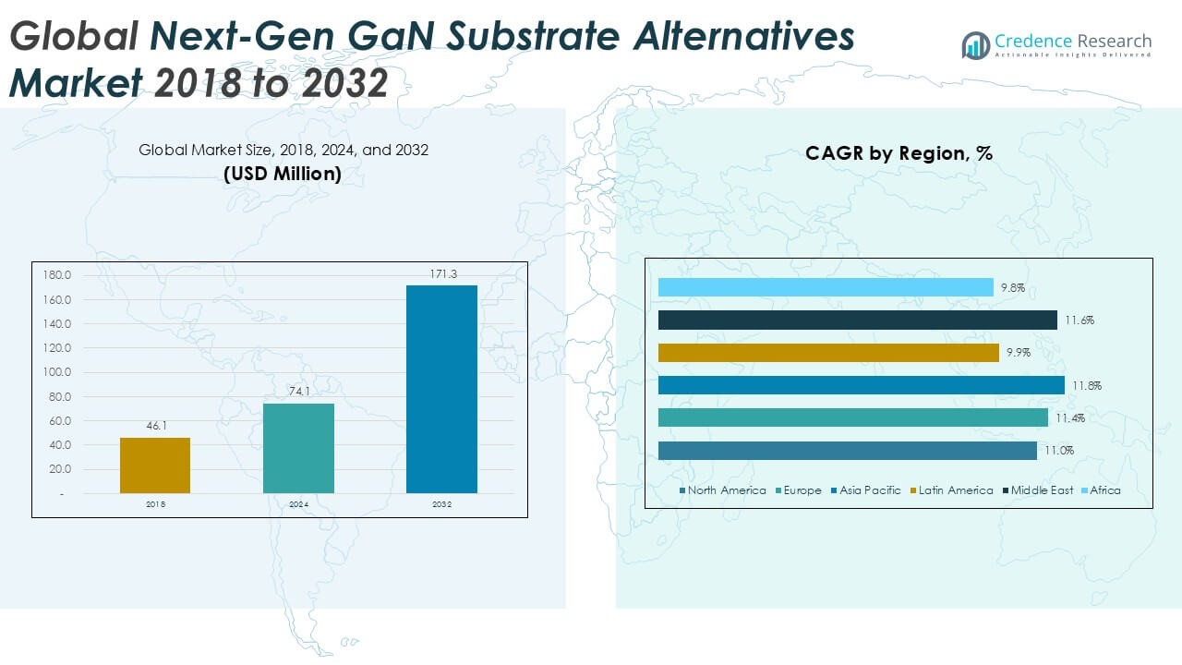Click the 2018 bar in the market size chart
click(x=155, y=465)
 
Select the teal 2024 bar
click(x=298, y=448)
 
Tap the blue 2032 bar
click(x=441, y=389)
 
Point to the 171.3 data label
click(x=441, y=275)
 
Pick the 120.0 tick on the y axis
click(x=58, y=348)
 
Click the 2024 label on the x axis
click(x=298, y=504)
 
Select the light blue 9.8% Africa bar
click(x=826, y=287)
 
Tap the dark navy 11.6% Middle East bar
click(x=857, y=320)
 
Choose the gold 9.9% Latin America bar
click(x=828, y=353)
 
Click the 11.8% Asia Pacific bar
click(x=861, y=385)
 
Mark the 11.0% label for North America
click(x=1059, y=451)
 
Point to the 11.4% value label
click(x=1070, y=418)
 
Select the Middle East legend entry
click(x=1042, y=490)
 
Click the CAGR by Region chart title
click(x=899, y=153)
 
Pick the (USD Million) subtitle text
click(x=283, y=173)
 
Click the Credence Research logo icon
click(x=975, y=44)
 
